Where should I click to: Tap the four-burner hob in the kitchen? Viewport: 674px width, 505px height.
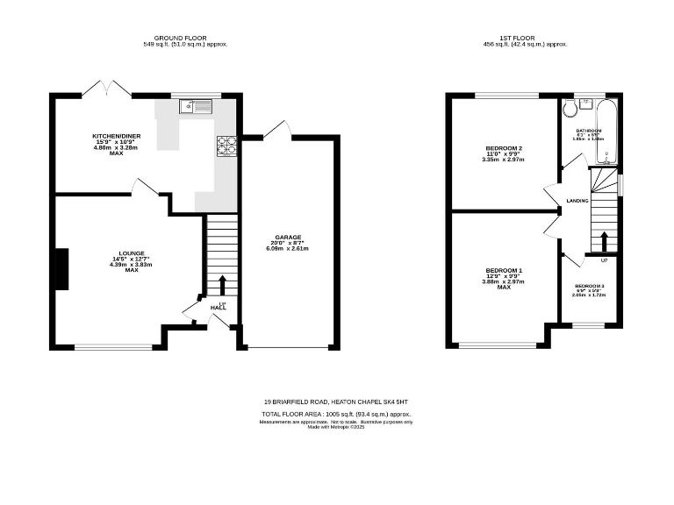[x=226, y=145]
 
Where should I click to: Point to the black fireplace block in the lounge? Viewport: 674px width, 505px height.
[x=61, y=268]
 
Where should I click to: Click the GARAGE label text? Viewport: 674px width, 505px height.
[x=288, y=238]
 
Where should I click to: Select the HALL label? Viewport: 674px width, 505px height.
[x=219, y=308]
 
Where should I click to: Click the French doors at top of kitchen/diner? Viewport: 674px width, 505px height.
[x=97, y=88]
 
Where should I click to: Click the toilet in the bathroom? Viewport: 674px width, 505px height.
[x=570, y=109]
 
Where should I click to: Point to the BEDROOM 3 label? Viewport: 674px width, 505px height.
[x=589, y=287]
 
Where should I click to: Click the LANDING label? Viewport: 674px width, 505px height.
[x=577, y=201]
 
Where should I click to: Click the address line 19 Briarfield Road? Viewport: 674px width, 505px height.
[x=337, y=402]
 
